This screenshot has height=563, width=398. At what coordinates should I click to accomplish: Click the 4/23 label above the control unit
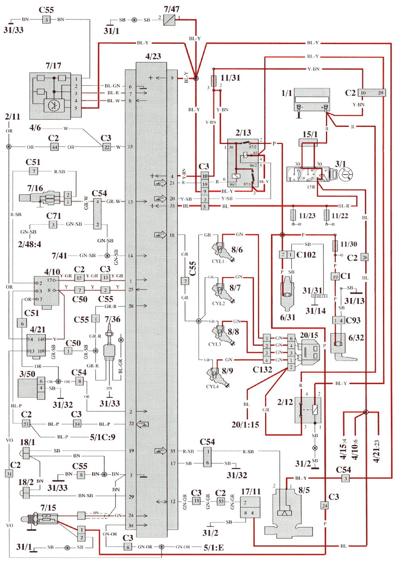(x=153, y=56)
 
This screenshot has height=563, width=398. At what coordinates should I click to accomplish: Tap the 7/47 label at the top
(x=172, y=9)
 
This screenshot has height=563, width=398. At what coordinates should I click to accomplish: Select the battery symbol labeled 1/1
(x=312, y=99)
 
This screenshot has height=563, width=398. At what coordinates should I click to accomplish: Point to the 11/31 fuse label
(x=230, y=78)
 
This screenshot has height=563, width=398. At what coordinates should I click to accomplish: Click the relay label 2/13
(x=243, y=133)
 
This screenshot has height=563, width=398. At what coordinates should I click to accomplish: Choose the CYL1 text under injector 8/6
(x=218, y=261)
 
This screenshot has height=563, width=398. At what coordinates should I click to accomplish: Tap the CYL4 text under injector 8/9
(x=212, y=386)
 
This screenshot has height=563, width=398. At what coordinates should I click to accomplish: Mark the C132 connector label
(x=262, y=370)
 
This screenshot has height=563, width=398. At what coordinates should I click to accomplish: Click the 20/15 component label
(x=309, y=335)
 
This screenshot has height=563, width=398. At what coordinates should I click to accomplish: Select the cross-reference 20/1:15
(x=245, y=425)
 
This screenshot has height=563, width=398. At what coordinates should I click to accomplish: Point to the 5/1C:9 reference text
(x=103, y=437)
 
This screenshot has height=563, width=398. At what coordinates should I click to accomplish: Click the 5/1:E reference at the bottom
(x=214, y=548)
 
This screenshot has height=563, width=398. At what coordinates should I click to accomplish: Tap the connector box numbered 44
(x=55, y=147)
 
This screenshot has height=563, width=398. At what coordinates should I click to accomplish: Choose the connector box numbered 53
(x=221, y=501)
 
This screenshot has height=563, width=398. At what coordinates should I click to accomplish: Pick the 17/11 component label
(x=251, y=492)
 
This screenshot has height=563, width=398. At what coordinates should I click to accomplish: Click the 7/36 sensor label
(x=112, y=319)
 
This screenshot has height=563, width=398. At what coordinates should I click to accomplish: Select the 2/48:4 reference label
(x=29, y=244)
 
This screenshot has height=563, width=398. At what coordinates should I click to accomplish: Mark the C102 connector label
(x=306, y=255)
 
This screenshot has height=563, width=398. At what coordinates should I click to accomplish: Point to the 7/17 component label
(x=53, y=66)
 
